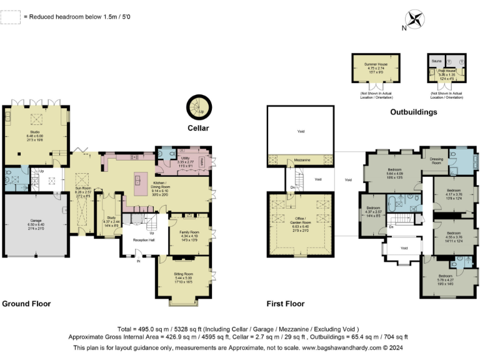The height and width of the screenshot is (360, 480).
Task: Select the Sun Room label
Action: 83,187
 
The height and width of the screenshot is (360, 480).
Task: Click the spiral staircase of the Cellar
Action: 198,107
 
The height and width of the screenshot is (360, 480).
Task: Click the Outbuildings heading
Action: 413,112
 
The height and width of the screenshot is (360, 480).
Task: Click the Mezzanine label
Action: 302,160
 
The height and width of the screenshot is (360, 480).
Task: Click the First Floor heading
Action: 285,304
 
